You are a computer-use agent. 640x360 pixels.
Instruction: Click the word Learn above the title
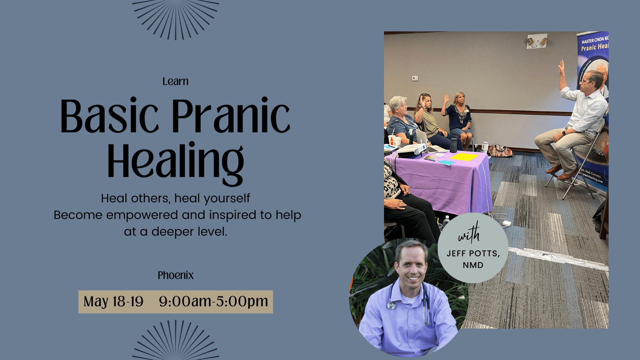pos(175,81)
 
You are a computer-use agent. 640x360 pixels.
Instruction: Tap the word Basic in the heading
pos(109,116)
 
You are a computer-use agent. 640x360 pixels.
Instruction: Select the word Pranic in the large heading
pos(230,116)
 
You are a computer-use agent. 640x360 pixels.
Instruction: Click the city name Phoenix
pos(175,276)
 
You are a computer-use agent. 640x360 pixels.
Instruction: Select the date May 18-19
pos(113,302)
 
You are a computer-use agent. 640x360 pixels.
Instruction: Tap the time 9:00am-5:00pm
pos(213,302)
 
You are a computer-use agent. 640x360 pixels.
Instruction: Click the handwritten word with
pos(469,234)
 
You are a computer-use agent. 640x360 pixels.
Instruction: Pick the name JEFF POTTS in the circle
pos(473,253)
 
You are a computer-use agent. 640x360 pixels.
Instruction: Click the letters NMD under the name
pos(473,265)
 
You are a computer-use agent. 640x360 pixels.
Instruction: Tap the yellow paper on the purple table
pos(464,157)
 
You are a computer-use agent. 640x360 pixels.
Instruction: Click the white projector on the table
pos(411,150)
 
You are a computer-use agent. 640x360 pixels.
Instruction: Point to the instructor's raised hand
pos(561,67)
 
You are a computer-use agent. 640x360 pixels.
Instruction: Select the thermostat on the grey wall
pos(415,78)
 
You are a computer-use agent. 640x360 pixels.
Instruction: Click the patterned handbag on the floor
pos(500,151)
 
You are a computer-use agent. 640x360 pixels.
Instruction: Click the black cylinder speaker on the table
pos(453,145)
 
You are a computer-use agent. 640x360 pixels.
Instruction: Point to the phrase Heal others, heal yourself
pos(175,198)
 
